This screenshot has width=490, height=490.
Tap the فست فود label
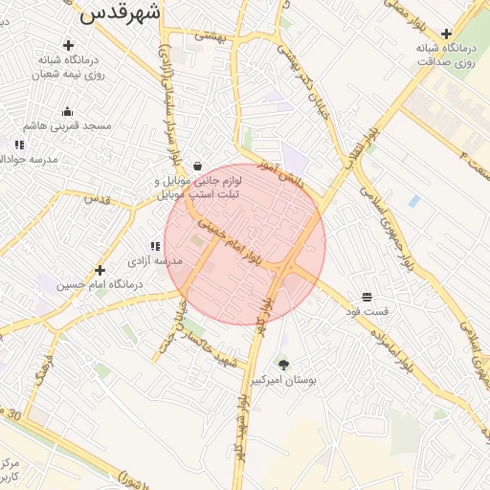pos(368,312)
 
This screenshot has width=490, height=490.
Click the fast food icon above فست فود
pos(367,297)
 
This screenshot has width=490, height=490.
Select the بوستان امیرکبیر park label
pos(283,380)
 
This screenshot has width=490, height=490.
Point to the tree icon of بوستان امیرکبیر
pos(283,364)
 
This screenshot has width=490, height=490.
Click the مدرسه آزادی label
pos(154,260)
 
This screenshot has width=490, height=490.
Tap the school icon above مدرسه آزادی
pos(154,246)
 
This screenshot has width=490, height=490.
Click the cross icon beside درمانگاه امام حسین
pos(100,270)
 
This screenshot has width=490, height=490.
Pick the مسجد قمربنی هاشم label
pos(68,125)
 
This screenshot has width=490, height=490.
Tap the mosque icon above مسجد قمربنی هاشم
pos(68,111)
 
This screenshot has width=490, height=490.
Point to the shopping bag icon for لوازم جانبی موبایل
pos(196,166)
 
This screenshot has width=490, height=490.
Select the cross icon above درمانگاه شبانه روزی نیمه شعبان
pos(68,44)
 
